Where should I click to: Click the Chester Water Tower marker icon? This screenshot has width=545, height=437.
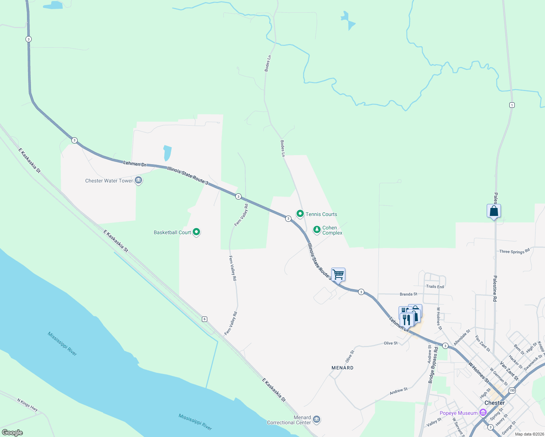[138, 180]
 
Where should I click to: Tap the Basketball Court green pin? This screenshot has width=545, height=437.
[196, 232]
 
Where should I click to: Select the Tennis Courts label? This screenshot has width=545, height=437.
[321, 214]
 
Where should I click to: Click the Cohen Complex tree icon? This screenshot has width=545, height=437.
[317, 229]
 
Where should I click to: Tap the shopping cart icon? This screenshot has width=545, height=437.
[338, 274]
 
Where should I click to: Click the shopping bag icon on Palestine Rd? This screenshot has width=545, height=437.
[494, 211]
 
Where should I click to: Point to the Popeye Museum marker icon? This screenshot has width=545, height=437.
[483, 413]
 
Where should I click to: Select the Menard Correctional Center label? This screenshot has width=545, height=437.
[289, 420]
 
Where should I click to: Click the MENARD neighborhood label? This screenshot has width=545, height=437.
[342, 368]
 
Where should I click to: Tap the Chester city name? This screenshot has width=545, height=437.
[494, 403]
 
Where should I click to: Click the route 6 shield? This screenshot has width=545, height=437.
[205, 319]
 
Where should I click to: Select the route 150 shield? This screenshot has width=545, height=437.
[512, 390]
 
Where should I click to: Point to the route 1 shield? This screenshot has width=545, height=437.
[512, 105]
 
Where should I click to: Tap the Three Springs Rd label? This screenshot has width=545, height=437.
[514, 251]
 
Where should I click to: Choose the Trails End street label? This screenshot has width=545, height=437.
[435, 287]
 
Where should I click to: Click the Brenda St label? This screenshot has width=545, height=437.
[408, 294]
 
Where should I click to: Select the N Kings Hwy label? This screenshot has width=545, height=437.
[27, 405]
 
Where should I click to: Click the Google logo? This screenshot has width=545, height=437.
[12, 432]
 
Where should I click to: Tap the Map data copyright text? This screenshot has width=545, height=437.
[528, 434]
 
